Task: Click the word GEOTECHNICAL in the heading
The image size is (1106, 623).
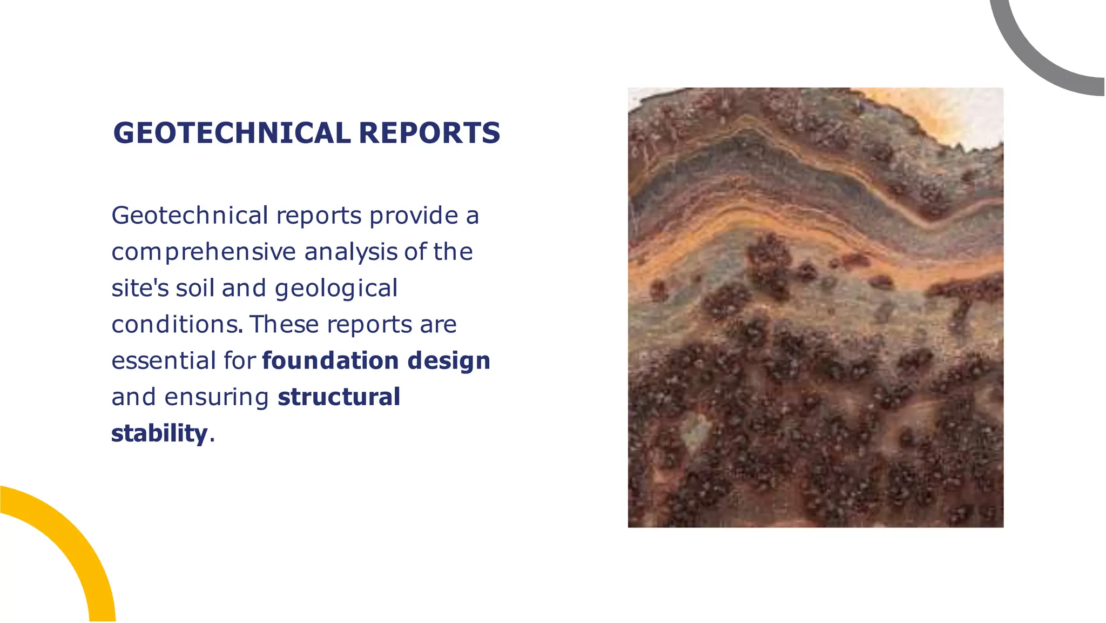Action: (x=232, y=133)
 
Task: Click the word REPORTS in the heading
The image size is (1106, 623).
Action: (x=429, y=133)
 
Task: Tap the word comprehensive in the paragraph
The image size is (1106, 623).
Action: (x=204, y=252)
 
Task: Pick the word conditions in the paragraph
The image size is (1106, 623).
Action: (x=176, y=325)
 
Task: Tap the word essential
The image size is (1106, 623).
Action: (x=164, y=361)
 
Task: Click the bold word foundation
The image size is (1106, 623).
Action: (x=331, y=361)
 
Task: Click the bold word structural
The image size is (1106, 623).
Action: (x=339, y=397)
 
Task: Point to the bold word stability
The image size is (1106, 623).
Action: (x=159, y=434)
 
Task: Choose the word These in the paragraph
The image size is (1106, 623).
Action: (x=284, y=325)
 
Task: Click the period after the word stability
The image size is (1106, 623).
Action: (x=212, y=440)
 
